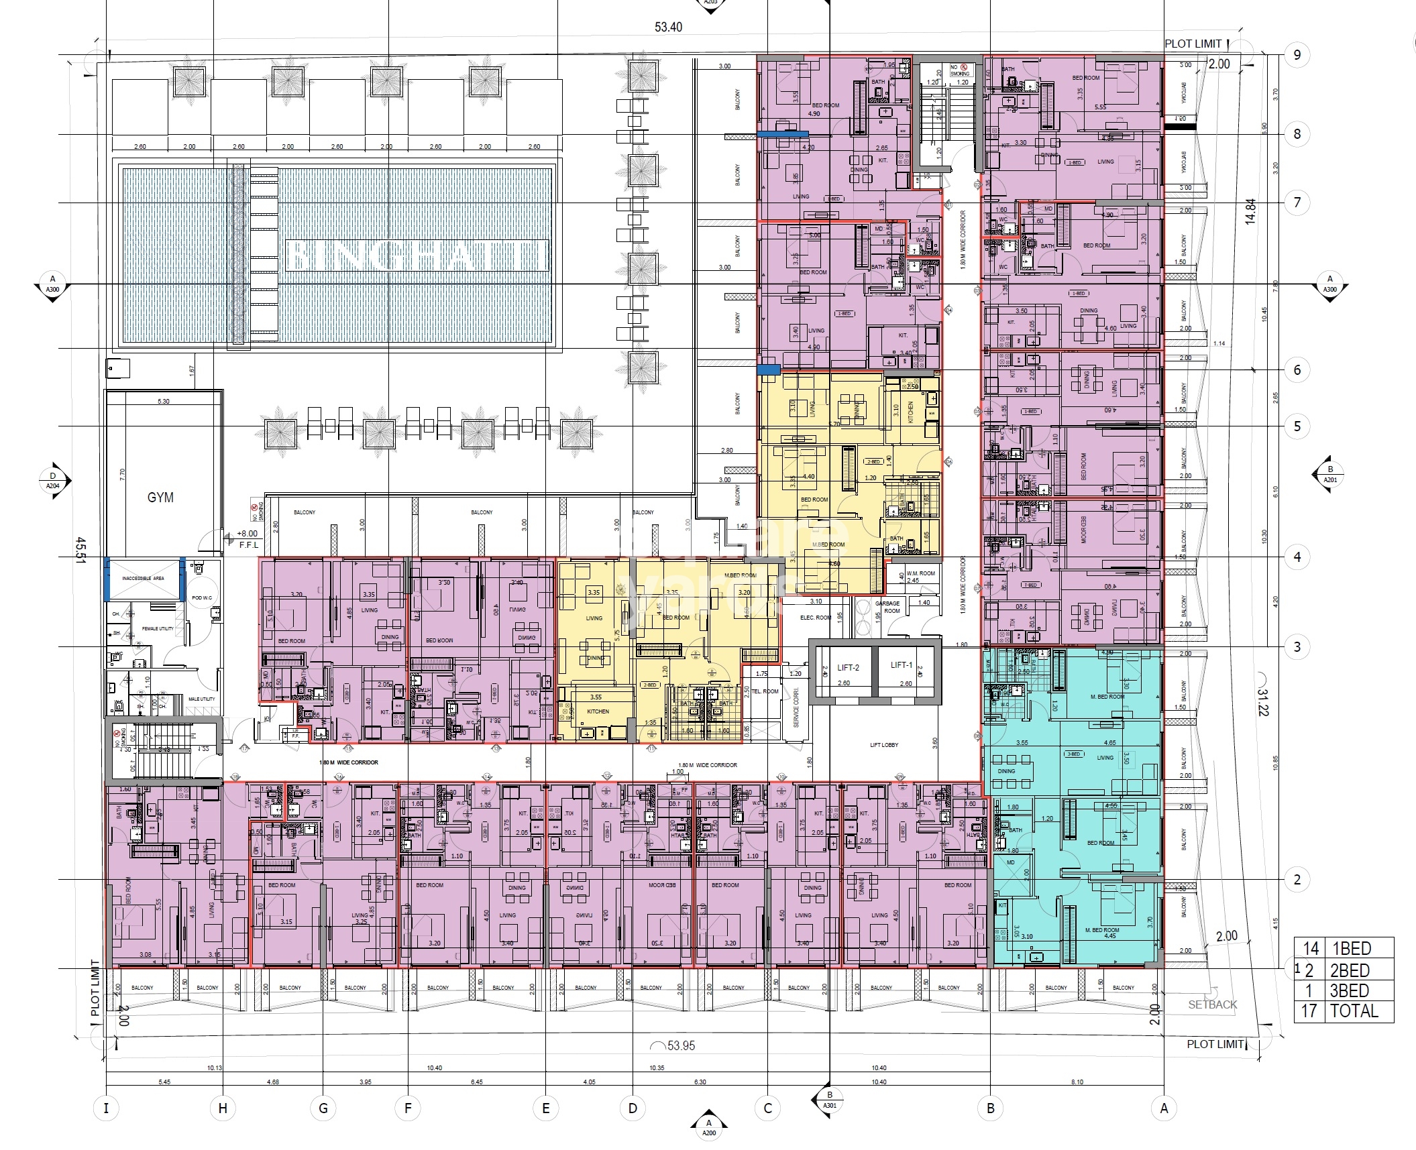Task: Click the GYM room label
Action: tap(160, 498)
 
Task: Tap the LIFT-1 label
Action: tap(902, 665)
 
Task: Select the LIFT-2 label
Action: tap(848, 667)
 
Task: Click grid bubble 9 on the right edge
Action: tap(1297, 55)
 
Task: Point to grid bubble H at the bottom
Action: tap(223, 1108)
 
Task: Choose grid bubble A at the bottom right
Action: tap(1164, 1108)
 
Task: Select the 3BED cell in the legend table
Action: tap(1350, 991)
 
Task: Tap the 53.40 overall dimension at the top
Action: tap(668, 27)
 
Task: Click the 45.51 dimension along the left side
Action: tap(81, 550)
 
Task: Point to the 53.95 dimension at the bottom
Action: tap(680, 1046)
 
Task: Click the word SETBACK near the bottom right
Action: tap(1212, 1004)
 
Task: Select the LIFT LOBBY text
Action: tap(884, 745)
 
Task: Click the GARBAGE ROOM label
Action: tap(891, 607)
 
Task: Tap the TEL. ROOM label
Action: tap(765, 691)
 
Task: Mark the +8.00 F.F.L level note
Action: tap(247, 538)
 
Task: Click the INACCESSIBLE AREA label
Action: tap(143, 578)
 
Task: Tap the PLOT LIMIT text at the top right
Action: tap(1193, 44)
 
